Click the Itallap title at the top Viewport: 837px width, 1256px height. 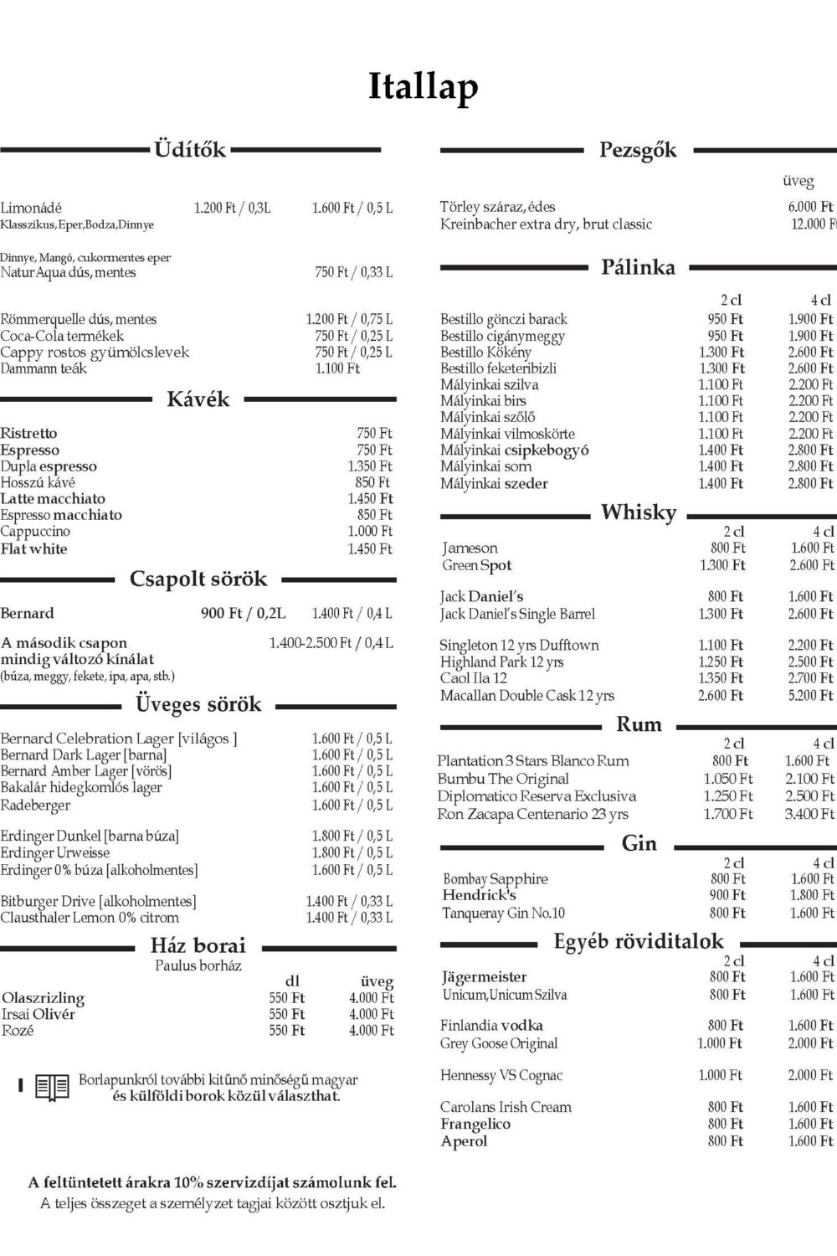point(424,87)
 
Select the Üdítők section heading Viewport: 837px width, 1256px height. point(190,150)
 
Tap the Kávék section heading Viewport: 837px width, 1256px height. point(198,399)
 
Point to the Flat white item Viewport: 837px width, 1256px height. point(34,549)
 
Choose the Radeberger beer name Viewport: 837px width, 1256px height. point(35,806)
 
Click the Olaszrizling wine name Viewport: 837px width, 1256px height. point(43,998)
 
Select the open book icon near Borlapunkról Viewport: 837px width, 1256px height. point(52,1088)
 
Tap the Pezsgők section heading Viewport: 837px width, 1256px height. point(638,151)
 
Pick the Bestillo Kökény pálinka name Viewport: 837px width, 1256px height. point(485,353)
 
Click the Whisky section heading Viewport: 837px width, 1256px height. point(639,512)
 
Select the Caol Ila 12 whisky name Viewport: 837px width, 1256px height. point(474,678)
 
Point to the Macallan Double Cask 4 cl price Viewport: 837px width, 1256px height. point(810,696)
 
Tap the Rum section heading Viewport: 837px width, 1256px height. point(639,724)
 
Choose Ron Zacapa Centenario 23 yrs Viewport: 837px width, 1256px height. point(532,814)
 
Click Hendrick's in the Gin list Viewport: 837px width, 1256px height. point(480,895)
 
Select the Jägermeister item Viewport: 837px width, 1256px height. point(485,977)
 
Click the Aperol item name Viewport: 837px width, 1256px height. point(464,1141)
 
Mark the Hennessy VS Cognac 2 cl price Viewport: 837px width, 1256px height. point(720,1076)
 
